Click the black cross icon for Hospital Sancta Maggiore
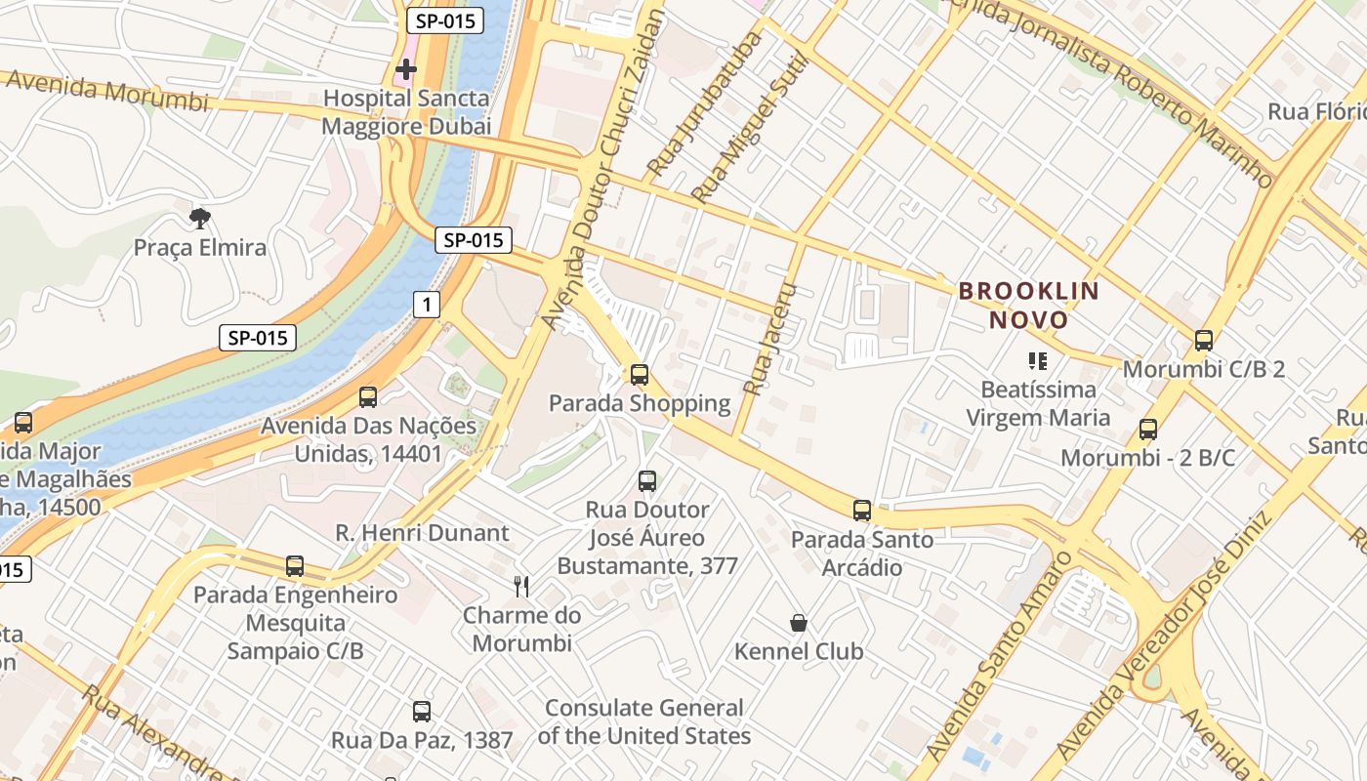(406, 69)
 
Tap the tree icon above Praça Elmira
(200, 218)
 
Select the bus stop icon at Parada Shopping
(640, 374)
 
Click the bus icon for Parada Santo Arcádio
(861, 510)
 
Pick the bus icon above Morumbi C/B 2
(1204, 341)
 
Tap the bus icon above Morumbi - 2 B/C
(1148, 430)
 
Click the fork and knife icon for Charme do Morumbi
(521, 586)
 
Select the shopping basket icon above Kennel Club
(799, 623)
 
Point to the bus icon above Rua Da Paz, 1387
(422, 712)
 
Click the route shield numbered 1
(426, 305)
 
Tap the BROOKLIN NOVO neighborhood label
(1029, 305)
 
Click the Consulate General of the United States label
(644, 721)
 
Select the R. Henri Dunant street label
(423, 533)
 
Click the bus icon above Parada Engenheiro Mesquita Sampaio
(295, 566)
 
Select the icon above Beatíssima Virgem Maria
(1038, 361)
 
